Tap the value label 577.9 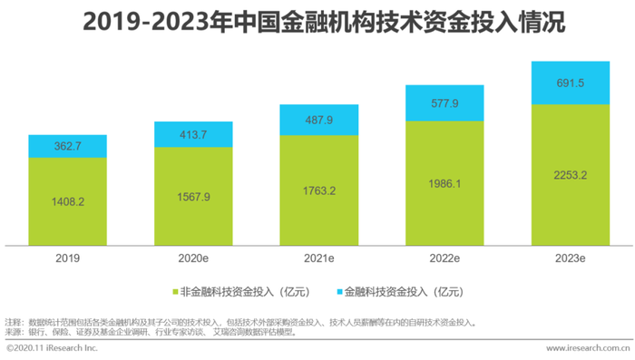click(x=444, y=102)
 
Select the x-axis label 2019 click(x=67, y=258)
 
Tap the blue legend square click(x=342, y=292)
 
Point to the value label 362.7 click(x=67, y=145)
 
